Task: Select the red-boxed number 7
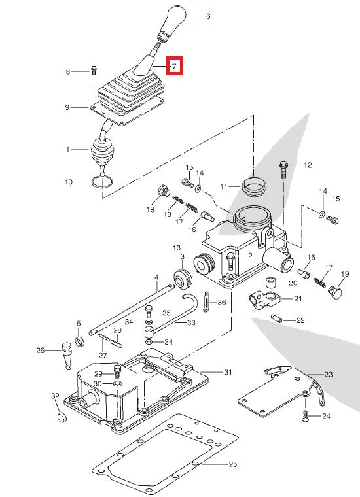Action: (175, 66)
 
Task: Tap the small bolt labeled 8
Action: (95, 70)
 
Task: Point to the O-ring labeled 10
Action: (101, 183)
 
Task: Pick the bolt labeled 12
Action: (283, 168)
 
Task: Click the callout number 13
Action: (176, 248)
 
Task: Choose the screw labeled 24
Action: (306, 415)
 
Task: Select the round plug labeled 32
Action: (60, 417)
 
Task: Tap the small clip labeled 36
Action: (206, 301)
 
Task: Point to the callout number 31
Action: (227, 373)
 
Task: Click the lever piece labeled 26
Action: (66, 353)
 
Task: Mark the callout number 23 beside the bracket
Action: (328, 375)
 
